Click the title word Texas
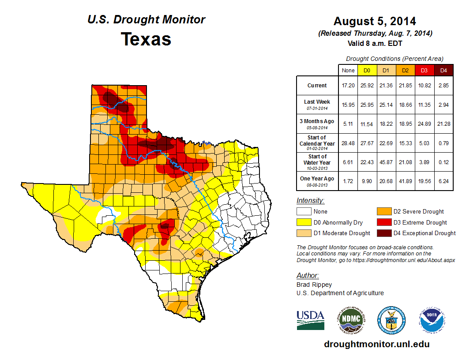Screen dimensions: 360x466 coord(146,39)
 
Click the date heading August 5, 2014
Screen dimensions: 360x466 coord(375,21)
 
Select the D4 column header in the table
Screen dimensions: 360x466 coord(443,70)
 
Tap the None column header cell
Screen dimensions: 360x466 coord(348,70)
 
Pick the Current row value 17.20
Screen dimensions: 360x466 coord(348,86)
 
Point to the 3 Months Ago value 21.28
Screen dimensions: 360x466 coord(443,124)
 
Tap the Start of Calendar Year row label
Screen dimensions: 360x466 coord(317,143)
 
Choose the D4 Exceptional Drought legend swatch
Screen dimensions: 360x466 coord(383,233)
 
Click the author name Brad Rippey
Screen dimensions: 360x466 coord(314,285)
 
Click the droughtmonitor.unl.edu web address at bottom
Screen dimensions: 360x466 coord(376,344)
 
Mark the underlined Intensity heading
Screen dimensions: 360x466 coord(310,201)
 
